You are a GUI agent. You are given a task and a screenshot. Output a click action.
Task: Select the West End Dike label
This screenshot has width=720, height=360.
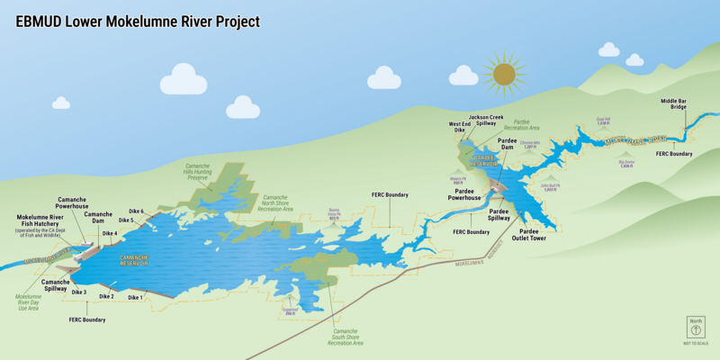click(459, 127)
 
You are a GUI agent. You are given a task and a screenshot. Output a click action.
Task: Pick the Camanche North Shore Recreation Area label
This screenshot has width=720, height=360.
click(275, 202)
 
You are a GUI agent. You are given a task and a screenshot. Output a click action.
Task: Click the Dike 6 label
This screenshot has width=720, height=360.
click(136, 211)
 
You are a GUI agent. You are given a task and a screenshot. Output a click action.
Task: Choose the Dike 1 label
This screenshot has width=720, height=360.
click(135, 297)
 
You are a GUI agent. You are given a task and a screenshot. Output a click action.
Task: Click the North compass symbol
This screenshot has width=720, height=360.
click(696, 330)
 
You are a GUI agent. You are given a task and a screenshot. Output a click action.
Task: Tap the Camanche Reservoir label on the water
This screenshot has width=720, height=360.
click(133, 260)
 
